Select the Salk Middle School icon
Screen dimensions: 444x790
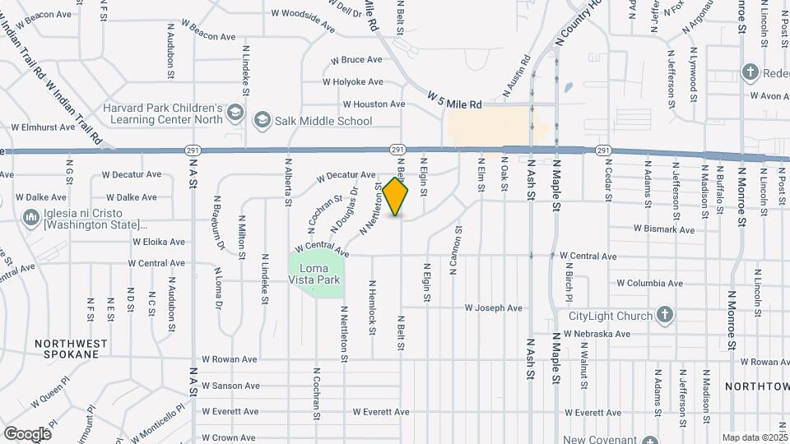point(263,121)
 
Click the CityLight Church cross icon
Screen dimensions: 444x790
point(665,316)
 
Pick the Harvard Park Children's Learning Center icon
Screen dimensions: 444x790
point(235,112)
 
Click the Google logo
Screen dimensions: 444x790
point(27,433)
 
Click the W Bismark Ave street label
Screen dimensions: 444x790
point(665,229)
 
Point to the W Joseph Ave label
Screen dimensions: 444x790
point(494,308)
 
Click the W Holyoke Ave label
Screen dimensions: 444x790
point(353,81)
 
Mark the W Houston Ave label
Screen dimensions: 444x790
point(374,104)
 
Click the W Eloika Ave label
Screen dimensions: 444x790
point(159,242)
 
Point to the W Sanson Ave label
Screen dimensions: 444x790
point(230,386)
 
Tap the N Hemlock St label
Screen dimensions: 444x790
point(372,313)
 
